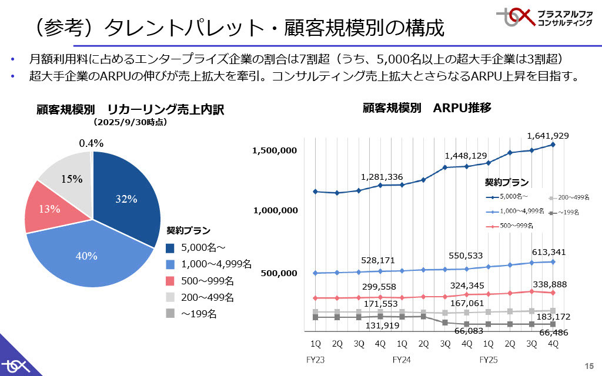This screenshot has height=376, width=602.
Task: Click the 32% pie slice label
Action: [x=126, y=199]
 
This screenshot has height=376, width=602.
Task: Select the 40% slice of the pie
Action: [x=86, y=256]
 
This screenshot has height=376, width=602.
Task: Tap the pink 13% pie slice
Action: [x=49, y=209]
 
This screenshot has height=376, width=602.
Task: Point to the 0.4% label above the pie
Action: [x=91, y=143]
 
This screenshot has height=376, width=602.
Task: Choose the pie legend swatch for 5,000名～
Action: [x=170, y=247]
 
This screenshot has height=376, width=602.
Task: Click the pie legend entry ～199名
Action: [x=199, y=314]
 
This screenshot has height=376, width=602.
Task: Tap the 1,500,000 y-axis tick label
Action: [x=275, y=150]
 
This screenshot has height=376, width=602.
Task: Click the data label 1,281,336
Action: [x=382, y=177]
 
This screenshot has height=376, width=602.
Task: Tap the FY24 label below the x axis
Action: [x=402, y=359]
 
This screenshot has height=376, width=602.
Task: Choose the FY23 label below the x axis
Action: [x=316, y=359]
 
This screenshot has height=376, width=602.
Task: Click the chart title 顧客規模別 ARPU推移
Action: [x=426, y=108]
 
